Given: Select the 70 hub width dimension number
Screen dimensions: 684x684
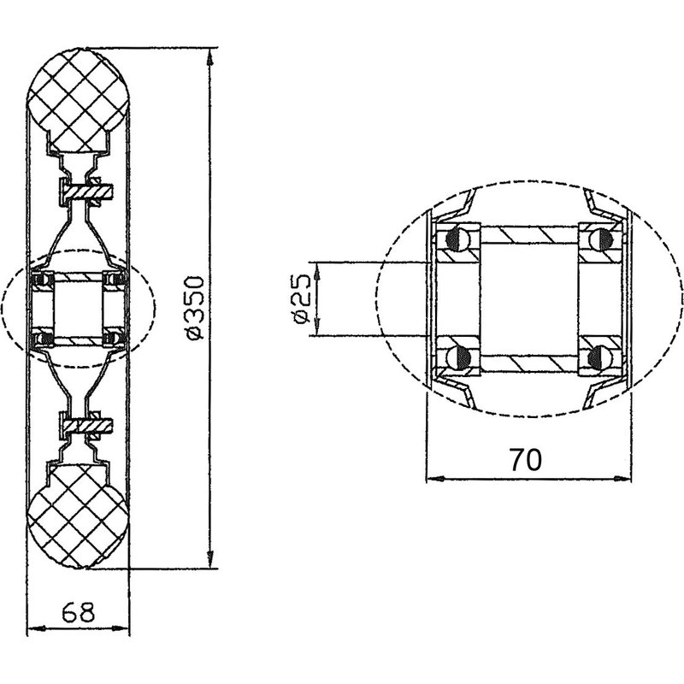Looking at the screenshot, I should tap(526, 460).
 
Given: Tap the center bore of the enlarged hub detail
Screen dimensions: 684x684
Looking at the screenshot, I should tap(530, 298).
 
